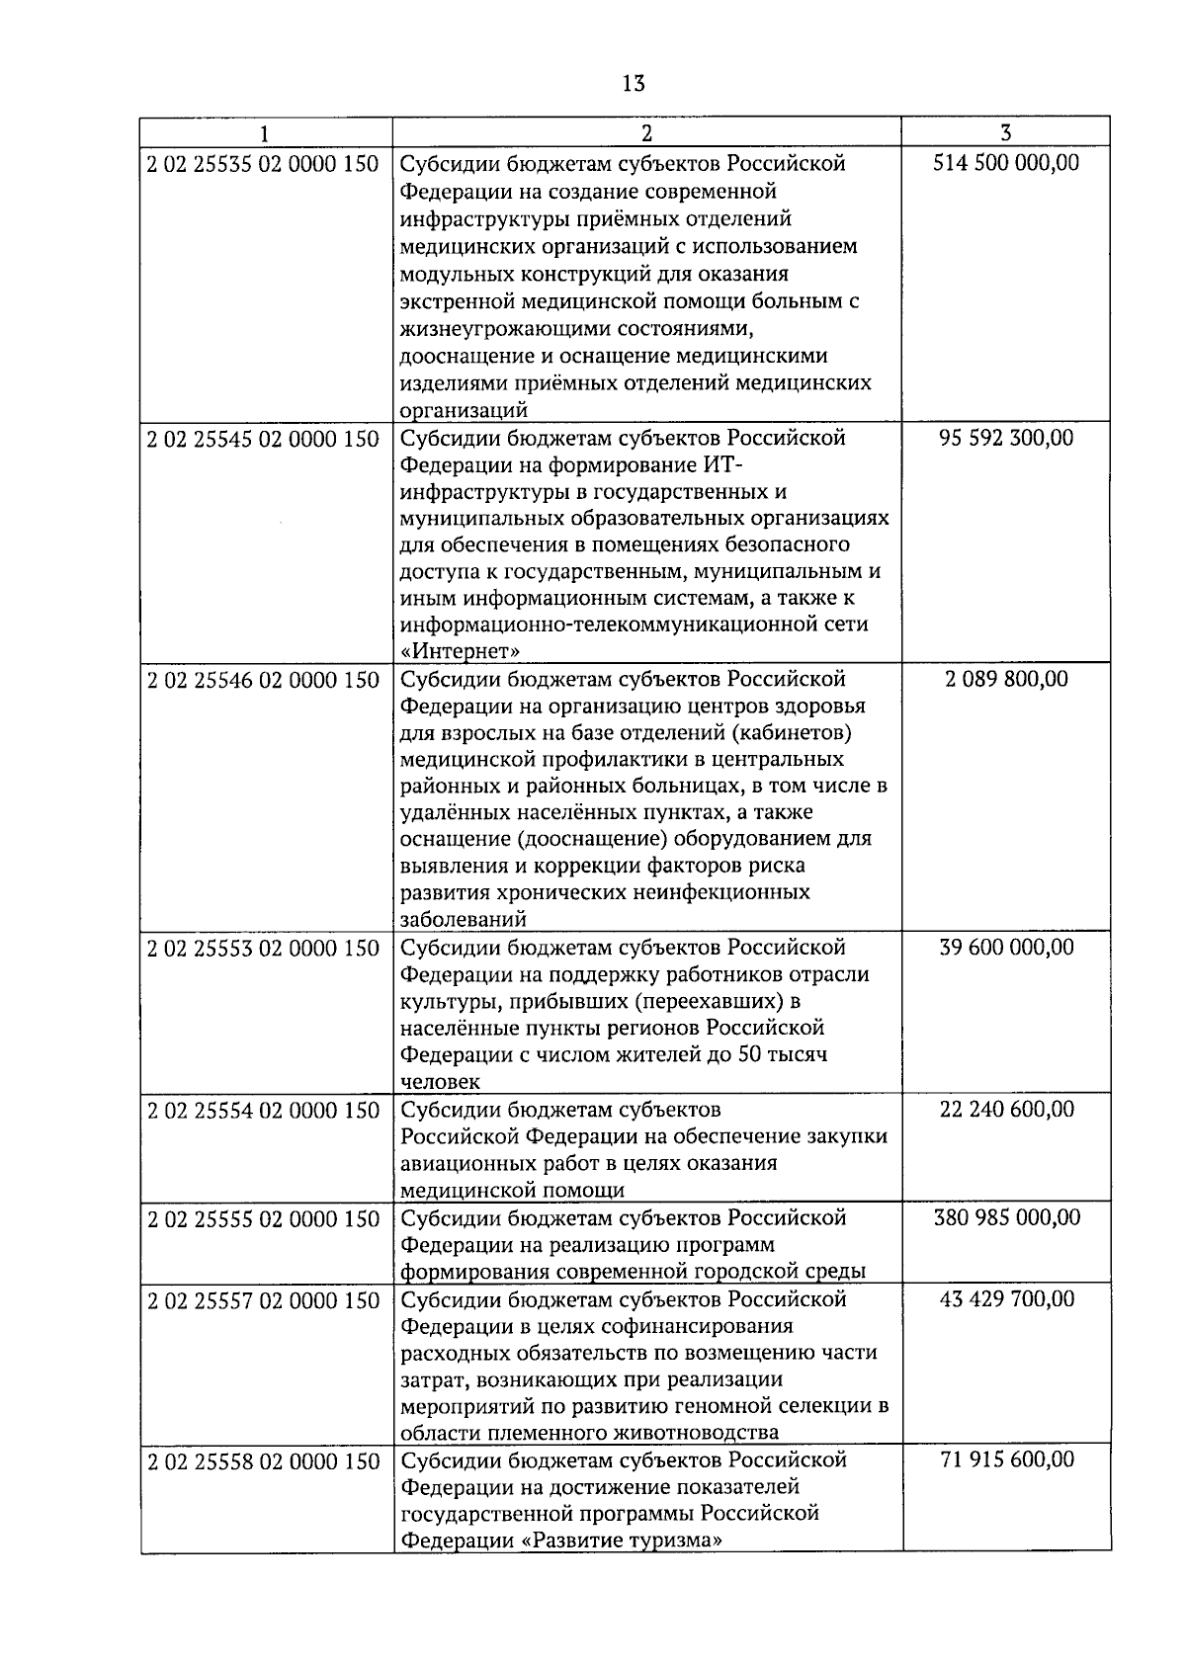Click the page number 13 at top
coord(634,83)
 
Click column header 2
coord(646,132)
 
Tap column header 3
coord(1005,132)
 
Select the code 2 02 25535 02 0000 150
coord(264,163)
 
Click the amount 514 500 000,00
coord(1006,163)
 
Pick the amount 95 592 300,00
coord(1006,438)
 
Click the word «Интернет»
coord(461,651)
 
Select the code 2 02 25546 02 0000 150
coord(264,680)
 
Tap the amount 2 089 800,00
coord(1006,680)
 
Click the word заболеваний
coord(463,919)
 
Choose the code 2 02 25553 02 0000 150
coord(264,949)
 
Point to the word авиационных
coord(464,1163)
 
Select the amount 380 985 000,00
coord(1006,1218)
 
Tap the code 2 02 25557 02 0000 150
coord(264,1300)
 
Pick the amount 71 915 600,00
coord(1006,1460)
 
